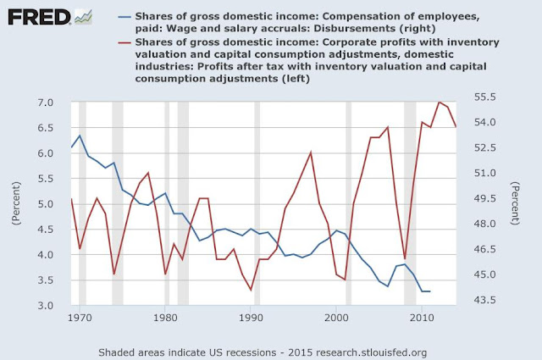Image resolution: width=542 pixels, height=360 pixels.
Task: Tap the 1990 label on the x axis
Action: [251, 318]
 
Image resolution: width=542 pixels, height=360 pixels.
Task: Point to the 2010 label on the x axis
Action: [423, 318]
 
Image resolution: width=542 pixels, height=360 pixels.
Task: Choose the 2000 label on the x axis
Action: [337, 318]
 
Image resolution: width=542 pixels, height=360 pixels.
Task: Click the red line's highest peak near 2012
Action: [440, 102]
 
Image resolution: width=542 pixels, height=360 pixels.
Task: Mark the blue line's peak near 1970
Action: [80, 136]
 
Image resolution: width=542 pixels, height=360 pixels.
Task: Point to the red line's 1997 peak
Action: [311, 152]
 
